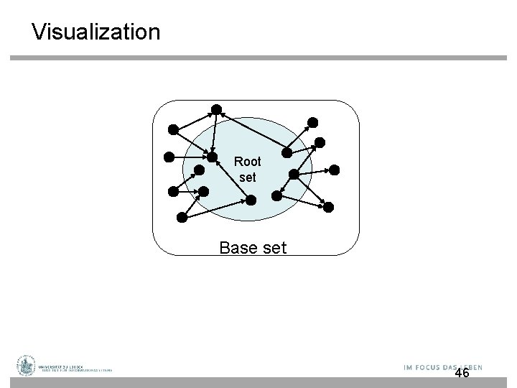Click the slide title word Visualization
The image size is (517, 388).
(96, 32)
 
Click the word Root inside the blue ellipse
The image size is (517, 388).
(248, 162)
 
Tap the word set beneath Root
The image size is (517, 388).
(247, 177)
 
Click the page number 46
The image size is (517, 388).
(462, 373)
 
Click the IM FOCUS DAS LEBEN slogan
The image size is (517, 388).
(442, 367)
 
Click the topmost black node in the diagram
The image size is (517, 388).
(215, 109)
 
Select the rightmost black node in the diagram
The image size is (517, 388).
(335, 170)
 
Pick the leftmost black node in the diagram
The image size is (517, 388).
(168, 156)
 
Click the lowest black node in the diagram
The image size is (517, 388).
(182, 216)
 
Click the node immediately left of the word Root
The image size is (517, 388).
(213, 157)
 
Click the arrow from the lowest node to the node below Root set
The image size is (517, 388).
(215, 208)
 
